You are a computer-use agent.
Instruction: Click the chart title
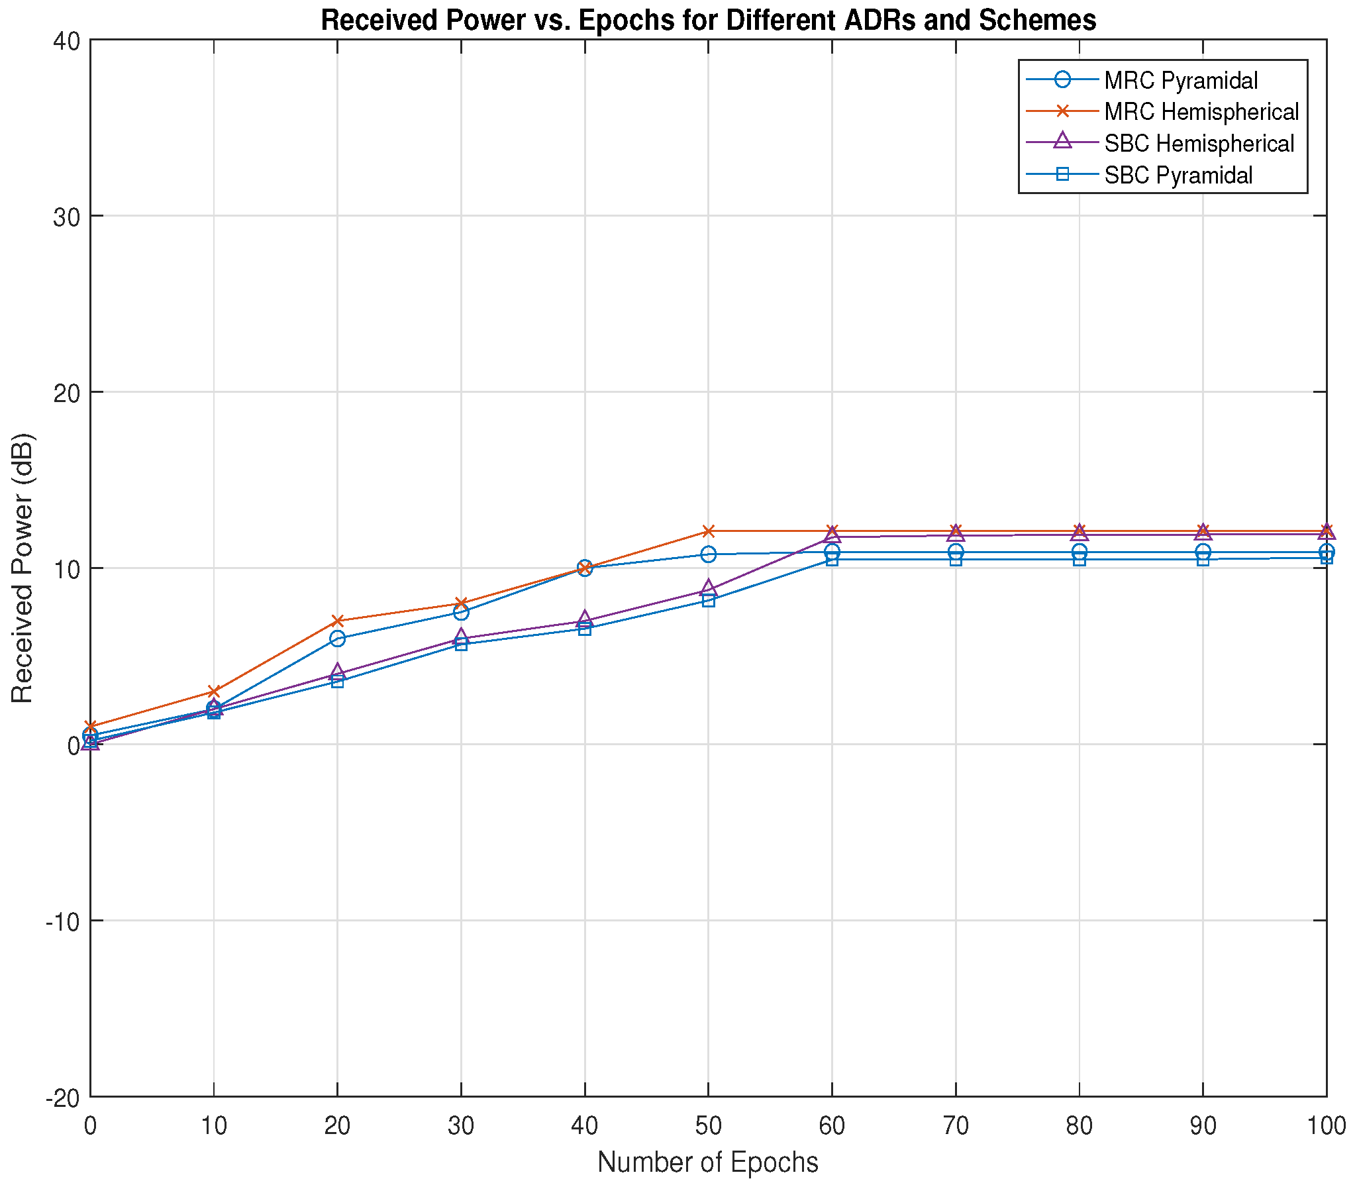(x=708, y=21)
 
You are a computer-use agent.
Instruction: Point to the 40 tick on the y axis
(x=66, y=40)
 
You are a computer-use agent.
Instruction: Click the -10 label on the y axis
(x=63, y=921)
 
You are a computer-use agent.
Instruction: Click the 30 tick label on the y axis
(x=66, y=217)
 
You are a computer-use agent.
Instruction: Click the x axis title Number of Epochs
(x=708, y=1163)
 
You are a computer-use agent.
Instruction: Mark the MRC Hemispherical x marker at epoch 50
(x=709, y=531)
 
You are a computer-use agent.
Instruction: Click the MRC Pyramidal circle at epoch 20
(x=337, y=639)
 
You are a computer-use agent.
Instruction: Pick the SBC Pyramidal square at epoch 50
(x=709, y=600)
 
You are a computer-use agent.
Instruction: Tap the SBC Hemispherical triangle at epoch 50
(x=709, y=588)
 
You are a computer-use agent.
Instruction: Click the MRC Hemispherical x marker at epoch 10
(x=214, y=691)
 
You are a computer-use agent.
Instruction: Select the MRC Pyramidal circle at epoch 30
(x=462, y=612)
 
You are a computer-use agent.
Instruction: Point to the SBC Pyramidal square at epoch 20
(x=337, y=681)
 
